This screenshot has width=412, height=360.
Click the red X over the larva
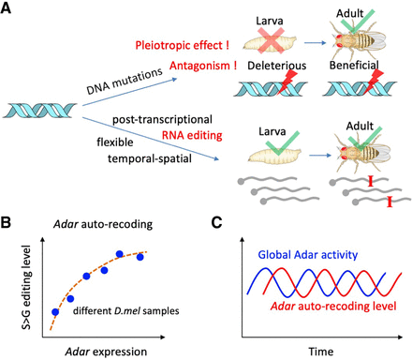coord(271,39)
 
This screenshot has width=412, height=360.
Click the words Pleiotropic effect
coord(179,46)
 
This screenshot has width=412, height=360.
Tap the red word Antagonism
coord(199,66)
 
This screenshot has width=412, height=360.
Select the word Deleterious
coord(277,66)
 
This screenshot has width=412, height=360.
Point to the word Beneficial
coord(354,65)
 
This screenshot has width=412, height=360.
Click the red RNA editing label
coord(192,135)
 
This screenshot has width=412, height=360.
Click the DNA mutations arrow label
coord(125,81)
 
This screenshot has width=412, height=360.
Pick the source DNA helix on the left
coord(39,111)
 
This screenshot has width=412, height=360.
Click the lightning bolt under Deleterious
coord(286,82)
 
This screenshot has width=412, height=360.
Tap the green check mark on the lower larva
coord(281,143)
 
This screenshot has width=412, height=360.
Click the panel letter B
coord(6,222)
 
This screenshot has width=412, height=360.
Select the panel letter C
coord(216,222)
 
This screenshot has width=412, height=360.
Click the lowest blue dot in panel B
coord(55,312)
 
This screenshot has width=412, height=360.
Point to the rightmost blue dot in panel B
coord(140,257)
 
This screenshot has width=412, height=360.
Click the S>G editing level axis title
coord(26,288)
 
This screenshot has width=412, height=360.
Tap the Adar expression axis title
coord(106,352)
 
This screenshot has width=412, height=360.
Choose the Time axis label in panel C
coord(321,352)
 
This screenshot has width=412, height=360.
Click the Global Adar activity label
coord(308,255)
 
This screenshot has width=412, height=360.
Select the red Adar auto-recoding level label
coord(333,306)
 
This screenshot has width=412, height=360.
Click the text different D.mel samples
coord(126,311)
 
